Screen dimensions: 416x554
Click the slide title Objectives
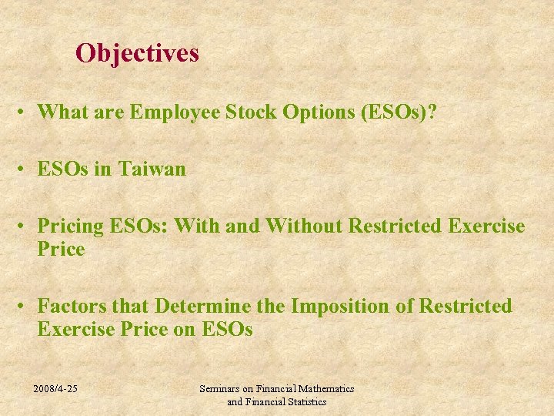point(137,53)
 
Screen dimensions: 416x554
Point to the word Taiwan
point(152,169)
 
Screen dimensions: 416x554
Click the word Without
point(305,226)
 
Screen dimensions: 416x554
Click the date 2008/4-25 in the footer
point(55,389)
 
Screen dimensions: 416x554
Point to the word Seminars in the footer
point(220,389)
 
